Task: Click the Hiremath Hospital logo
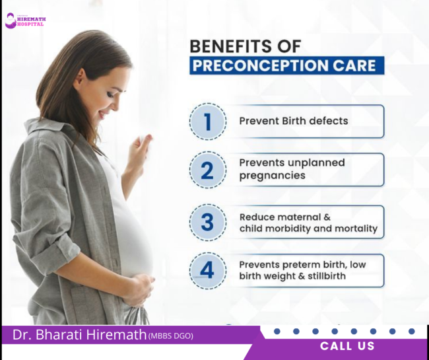tap(24, 20)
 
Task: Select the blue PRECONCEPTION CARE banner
tap(287, 66)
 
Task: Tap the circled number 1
tap(208, 122)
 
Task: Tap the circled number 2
tap(208, 170)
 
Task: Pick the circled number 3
tap(208, 222)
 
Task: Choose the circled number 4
tap(208, 271)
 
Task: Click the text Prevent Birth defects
tap(294, 121)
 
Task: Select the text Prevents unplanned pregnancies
tap(292, 169)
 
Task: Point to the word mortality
tap(356, 229)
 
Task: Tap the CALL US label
tap(347, 346)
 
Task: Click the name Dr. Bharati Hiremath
tap(79, 335)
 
